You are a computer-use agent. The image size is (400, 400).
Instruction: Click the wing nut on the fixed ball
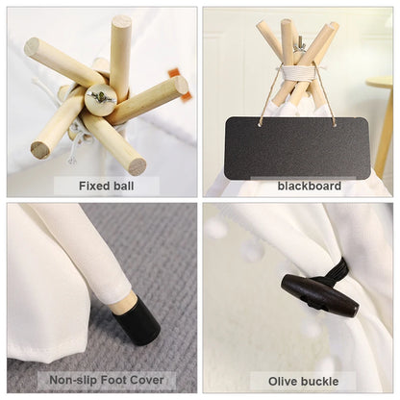click(x=102, y=97)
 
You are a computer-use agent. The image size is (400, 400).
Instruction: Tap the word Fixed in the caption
click(x=92, y=186)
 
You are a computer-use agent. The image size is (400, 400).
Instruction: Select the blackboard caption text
click(x=310, y=186)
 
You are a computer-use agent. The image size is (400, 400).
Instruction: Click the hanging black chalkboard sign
click(x=297, y=148)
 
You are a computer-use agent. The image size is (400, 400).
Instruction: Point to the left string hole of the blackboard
click(x=259, y=125)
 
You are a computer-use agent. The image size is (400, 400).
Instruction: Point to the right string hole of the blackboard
click(x=335, y=125)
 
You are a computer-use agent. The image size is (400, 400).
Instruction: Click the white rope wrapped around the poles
click(x=297, y=72)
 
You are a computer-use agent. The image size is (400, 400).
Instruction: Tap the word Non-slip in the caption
click(x=73, y=380)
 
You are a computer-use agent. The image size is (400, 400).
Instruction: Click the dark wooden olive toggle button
click(x=320, y=295)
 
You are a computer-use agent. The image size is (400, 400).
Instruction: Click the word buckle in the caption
click(x=319, y=382)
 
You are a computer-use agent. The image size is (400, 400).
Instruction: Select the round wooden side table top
click(x=380, y=82)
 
